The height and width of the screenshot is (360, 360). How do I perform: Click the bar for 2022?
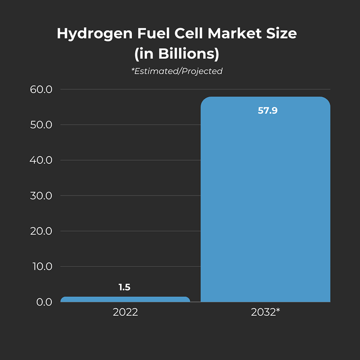pyautogui.click(x=125, y=299)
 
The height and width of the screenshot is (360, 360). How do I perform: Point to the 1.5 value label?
pyautogui.click(x=125, y=287)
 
